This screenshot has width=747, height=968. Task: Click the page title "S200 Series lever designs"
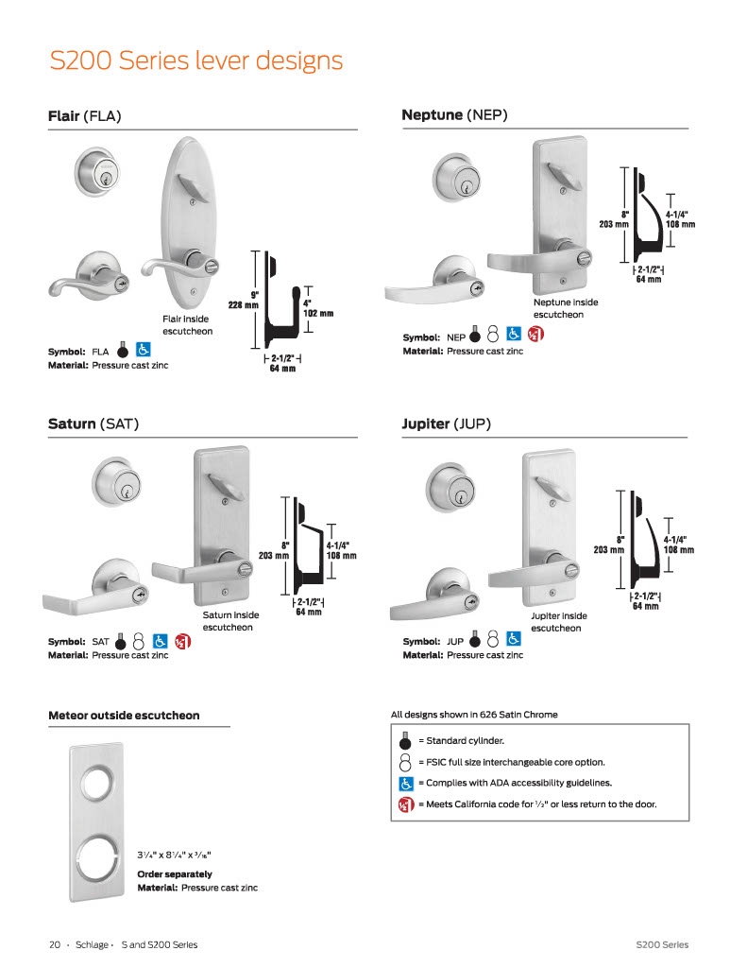pyautogui.click(x=196, y=61)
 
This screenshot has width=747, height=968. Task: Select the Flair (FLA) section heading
pyautogui.click(x=84, y=116)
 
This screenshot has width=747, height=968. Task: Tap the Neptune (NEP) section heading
pyautogui.click(x=454, y=114)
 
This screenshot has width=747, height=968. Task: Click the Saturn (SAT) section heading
pyautogui.click(x=93, y=424)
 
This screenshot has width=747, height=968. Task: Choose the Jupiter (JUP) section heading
pyautogui.click(x=446, y=424)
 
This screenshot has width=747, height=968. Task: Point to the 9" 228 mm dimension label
pyautogui.click(x=244, y=300)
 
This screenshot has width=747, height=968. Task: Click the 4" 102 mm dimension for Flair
pyautogui.click(x=317, y=309)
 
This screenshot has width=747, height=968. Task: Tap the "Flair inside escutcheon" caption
pyautogui.click(x=188, y=325)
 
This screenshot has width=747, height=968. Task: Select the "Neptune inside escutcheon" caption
pyautogui.click(x=566, y=308)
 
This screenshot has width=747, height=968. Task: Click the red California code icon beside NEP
pyautogui.click(x=536, y=335)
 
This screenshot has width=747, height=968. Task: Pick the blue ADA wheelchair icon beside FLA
pyautogui.click(x=144, y=350)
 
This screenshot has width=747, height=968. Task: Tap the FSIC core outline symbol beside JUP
pyautogui.click(x=492, y=639)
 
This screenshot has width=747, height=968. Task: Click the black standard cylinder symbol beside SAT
pyautogui.click(x=121, y=642)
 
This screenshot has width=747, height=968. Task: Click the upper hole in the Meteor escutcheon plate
pyautogui.click(x=97, y=783)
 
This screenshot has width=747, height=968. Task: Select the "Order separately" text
pyautogui.click(x=175, y=874)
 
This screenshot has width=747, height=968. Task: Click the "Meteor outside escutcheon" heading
pyautogui.click(x=124, y=716)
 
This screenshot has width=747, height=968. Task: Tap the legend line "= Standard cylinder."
pyautogui.click(x=462, y=741)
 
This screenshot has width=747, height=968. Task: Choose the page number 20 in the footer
pyautogui.click(x=55, y=944)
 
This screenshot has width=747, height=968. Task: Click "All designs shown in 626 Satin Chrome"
pyautogui.click(x=474, y=715)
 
